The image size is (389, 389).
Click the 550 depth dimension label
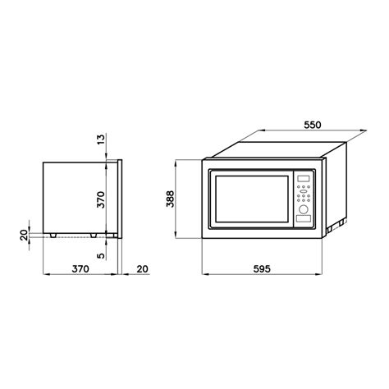(x=313, y=125)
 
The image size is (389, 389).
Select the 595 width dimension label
(x=262, y=269)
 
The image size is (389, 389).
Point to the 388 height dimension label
(x=170, y=199)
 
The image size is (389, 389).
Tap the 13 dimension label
(x=101, y=140)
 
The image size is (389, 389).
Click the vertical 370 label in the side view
(x=101, y=199)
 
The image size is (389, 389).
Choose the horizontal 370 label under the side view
(x=80, y=269)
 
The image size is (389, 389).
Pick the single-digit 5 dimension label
(x=101, y=255)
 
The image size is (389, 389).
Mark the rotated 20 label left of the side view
(x=24, y=235)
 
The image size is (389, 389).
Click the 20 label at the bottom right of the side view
(x=142, y=269)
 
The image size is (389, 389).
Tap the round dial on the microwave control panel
(x=303, y=209)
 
